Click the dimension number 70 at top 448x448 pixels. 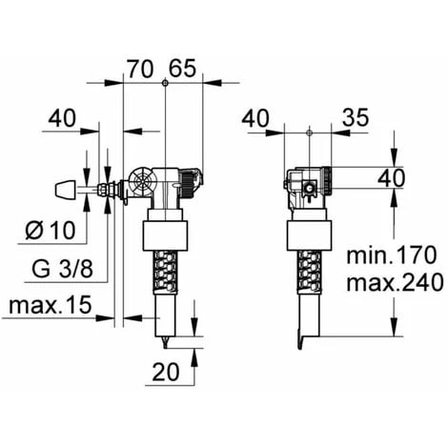pyautogui.click(x=140, y=69)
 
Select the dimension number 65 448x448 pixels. pyautogui.click(x=182, y=69)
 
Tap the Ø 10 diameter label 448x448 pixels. pyautogui.click(x=51, y=230)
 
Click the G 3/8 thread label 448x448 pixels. pyautogui.click(x=62, y=269)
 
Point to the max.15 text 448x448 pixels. pyautogui.click(x=51, y=305)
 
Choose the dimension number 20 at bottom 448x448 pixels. pyautogui.click(x=166, y=372)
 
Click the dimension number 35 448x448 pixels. pyautogui.click(x=356, y=117)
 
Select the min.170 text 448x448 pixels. pyautogui.click(x=392, y=255)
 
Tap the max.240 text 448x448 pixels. pyautogui.click(x=395, y=282)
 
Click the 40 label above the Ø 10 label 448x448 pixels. pyautogui.click(x=62, y=118)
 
